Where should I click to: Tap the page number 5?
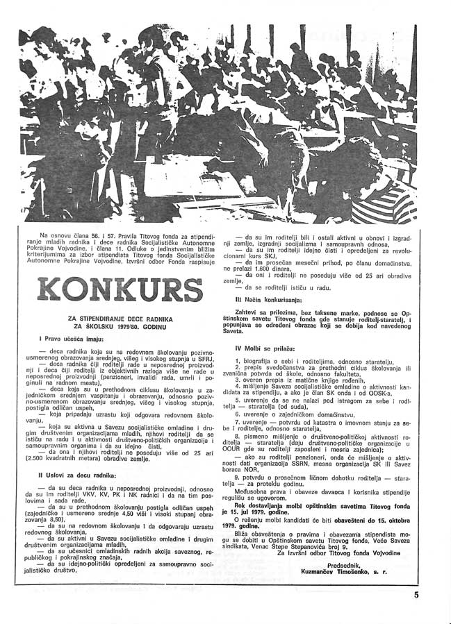pyautogui.click(x=416, y=594)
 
